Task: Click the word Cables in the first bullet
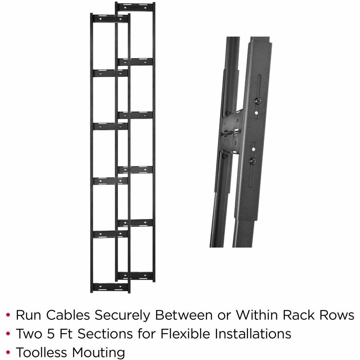(68, 315)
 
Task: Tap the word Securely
(123, 316)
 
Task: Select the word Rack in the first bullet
(298, 315)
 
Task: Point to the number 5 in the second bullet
(51, 334)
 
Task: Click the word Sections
(105, 334)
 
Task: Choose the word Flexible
(185, 334)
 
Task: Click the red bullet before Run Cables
(8, 315)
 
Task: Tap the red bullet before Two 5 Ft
(8, 334)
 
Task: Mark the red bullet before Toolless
(8, 352)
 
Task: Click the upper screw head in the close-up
(258, 100)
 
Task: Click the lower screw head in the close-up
(253, 161)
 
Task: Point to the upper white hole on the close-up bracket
(256, 113)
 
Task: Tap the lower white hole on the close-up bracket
(254, 149)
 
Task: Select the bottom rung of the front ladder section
(110, 287)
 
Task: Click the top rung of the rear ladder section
(135, 8)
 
